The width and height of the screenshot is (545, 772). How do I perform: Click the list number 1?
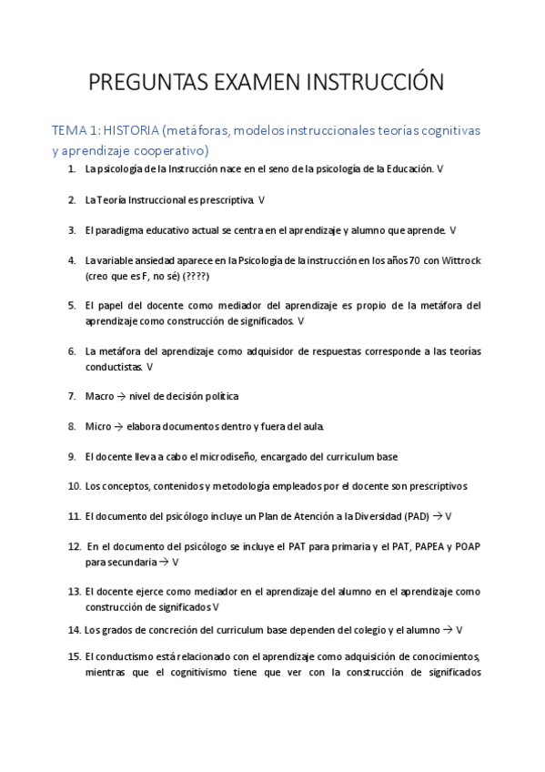(x=71, y=169)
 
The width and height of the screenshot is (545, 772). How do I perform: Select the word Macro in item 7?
(x=99, y=396)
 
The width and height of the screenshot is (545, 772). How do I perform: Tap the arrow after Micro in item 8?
(x=119, y=426)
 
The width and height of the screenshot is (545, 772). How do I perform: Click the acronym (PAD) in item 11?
(x=418, y=516)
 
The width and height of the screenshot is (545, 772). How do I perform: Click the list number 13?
(x=74, y=591)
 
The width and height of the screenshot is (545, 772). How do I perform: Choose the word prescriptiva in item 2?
(x=226, y=199)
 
